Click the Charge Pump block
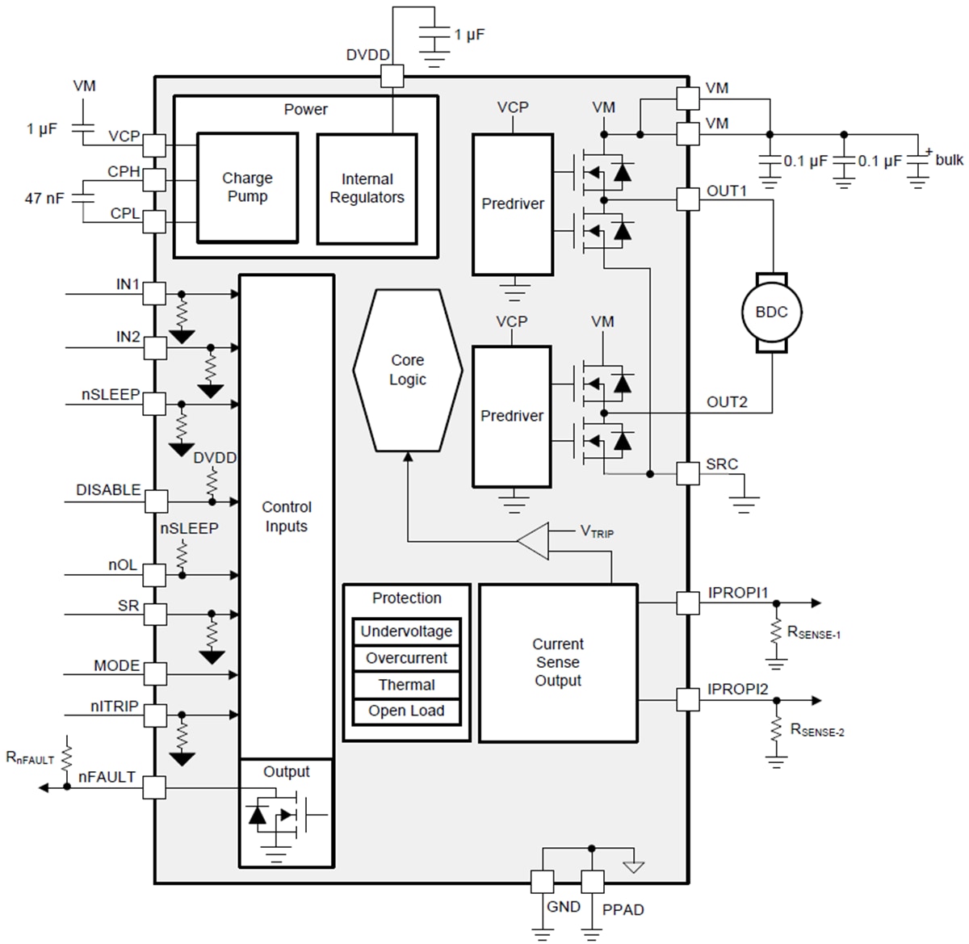point(247,187)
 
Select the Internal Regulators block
point(367,189)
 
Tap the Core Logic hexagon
point(408,370)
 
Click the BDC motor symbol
point(771,313)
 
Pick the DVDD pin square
point(392,77)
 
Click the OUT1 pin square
point(688,199)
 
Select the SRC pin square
point(688,473)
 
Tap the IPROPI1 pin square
point(688,602)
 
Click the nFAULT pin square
point(154,787)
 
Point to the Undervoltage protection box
point(406,631)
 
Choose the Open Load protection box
point(406,711)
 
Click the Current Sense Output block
point(558,663)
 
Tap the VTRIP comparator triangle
point(535,540)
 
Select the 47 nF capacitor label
point(44,198)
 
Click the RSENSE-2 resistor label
point(816,730)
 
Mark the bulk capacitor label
point(949,160)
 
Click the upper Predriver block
point(513,204)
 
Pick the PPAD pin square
point(592,881)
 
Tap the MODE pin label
point(117,665)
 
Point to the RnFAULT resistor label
point(30,757)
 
